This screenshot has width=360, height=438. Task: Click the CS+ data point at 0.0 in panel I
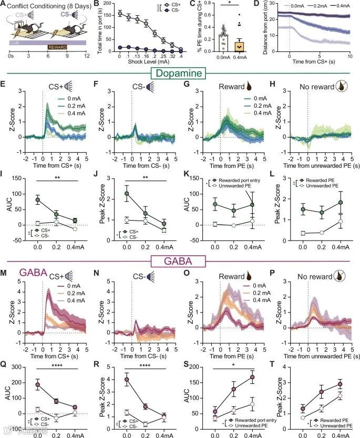(38, 200)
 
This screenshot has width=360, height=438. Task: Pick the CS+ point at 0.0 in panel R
(127, 379)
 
